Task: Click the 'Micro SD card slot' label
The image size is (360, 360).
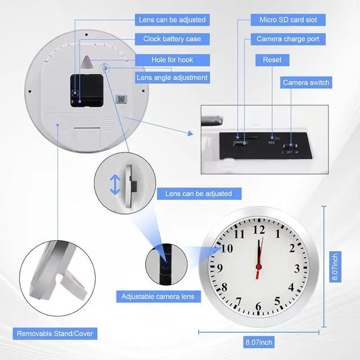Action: (x=288, y=20)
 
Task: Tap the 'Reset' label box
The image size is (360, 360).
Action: (x=272, y=60)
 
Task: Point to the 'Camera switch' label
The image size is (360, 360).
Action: (x=306, y=83)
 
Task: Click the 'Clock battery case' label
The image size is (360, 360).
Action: (x=172, y=39)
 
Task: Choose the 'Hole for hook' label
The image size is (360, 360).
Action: (x=172, y=60)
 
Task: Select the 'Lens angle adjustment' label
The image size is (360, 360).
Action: (x=172, y=78)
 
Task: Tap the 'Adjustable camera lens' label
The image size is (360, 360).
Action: (x=157, y=296)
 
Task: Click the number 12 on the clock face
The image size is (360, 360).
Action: (x=259, y=229)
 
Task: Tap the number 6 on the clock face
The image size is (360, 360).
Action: (x=259, y=307)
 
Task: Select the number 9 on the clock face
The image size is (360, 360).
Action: (x=220, y=268)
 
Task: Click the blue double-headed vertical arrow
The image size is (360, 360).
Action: (x=115, y=184)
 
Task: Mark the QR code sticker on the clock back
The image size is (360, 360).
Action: (x=120, y=99)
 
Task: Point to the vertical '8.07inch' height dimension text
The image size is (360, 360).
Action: (x=335, y=267)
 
